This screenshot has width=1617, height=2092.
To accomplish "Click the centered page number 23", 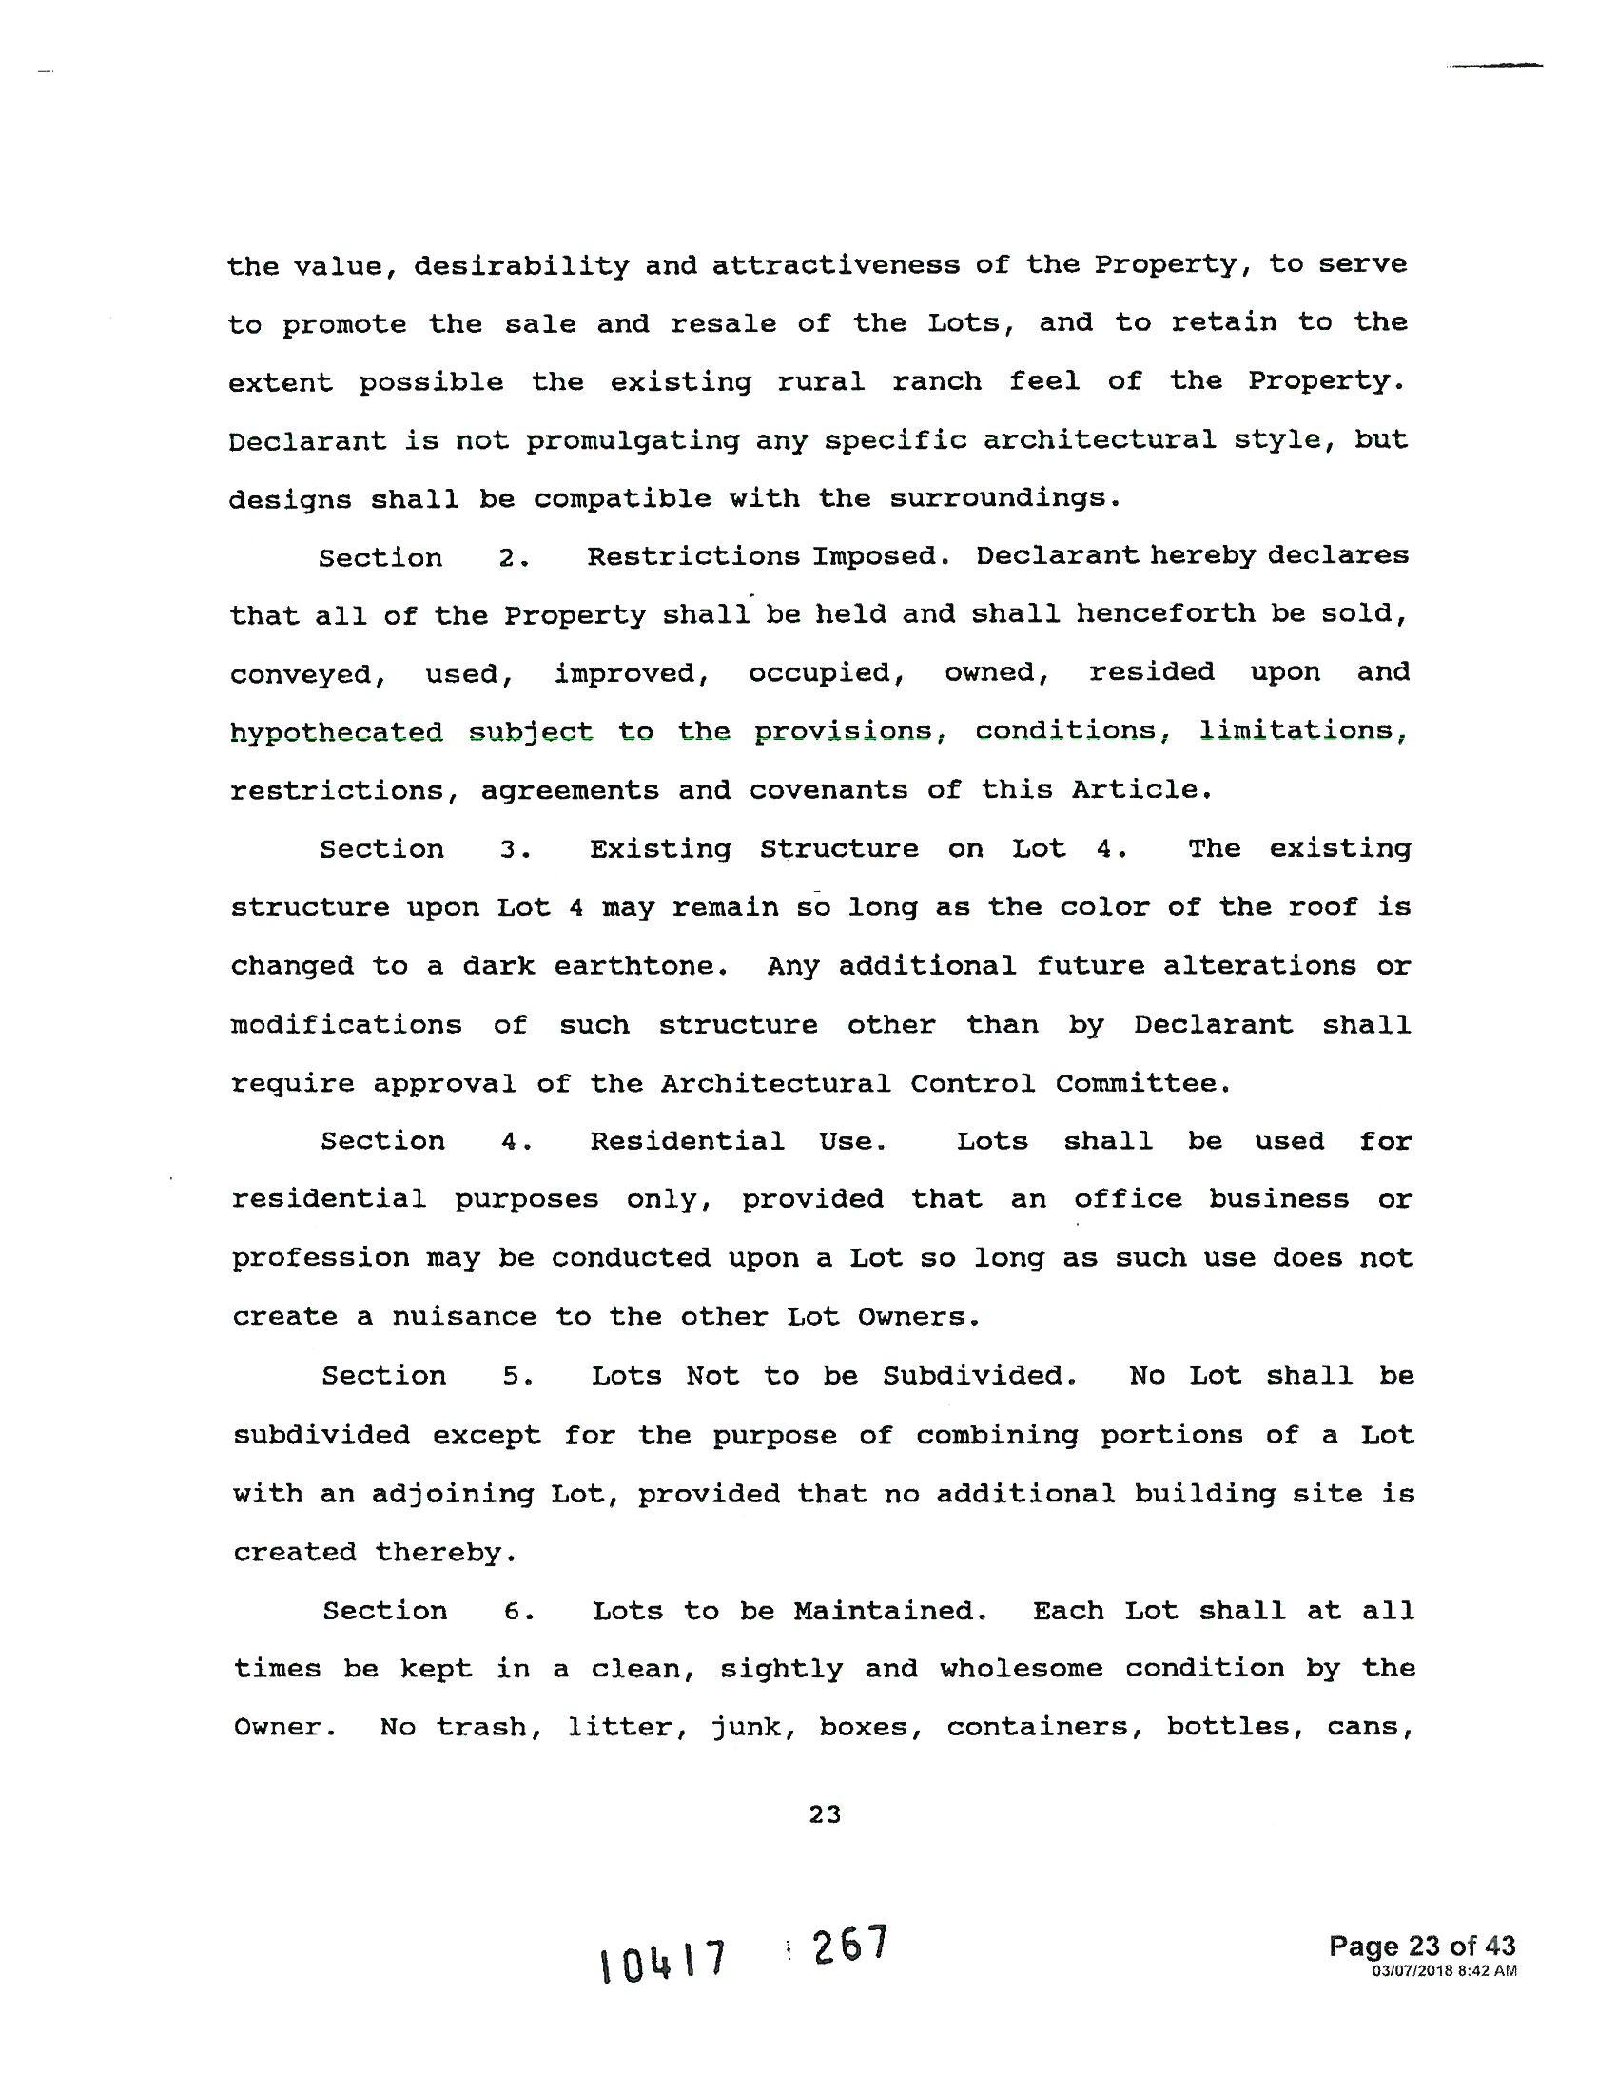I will pos(824,1813).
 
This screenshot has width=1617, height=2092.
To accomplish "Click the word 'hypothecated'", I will pos(336,733).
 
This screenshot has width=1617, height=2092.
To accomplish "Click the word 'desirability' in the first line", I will pos(521,265).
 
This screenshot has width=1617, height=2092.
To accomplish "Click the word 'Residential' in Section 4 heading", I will pos(687,1141).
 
